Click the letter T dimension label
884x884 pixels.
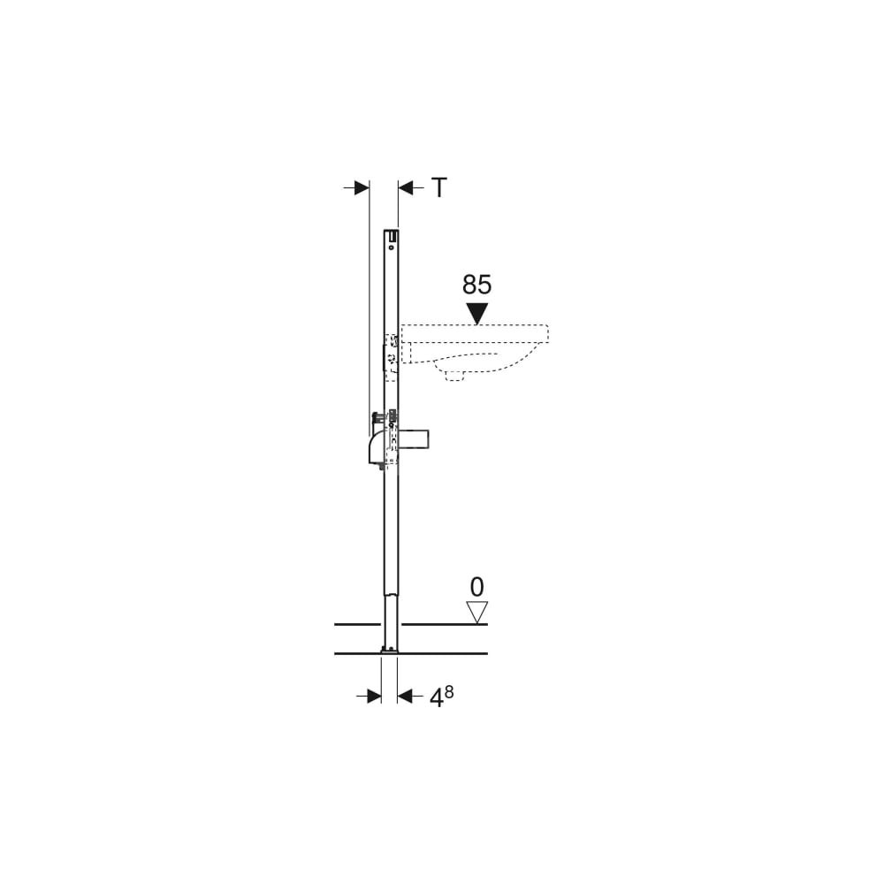click(439, 187)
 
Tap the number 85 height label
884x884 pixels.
click(477, 286)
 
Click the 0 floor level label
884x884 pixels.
click(477, 588)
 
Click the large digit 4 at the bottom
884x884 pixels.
click(437, 698)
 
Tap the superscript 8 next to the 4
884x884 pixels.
click(448, 692)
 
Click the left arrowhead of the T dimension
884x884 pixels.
click(362, 187)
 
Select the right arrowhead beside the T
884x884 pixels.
click(406, 187)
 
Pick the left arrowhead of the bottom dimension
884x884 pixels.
click(374, 697)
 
